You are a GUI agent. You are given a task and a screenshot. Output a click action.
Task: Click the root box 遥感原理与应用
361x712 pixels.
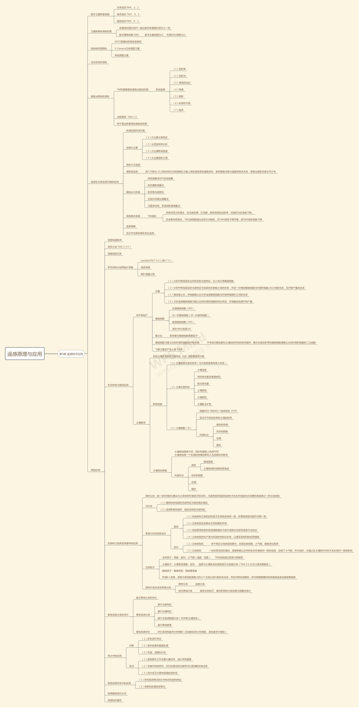[25, 354]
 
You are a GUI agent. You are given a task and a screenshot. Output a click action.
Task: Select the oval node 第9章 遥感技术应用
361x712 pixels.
[71, 354]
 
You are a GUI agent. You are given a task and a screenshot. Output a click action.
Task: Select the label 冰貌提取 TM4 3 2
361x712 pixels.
[127, 117]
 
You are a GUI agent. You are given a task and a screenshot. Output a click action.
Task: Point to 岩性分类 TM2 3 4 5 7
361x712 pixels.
[119, 247]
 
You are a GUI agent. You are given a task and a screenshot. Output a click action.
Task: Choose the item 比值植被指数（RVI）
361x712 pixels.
[183, 308]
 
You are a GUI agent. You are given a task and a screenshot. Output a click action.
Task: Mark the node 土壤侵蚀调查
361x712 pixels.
[160, 470]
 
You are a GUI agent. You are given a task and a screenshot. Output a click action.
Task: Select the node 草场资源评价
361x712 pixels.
[143, 632]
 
